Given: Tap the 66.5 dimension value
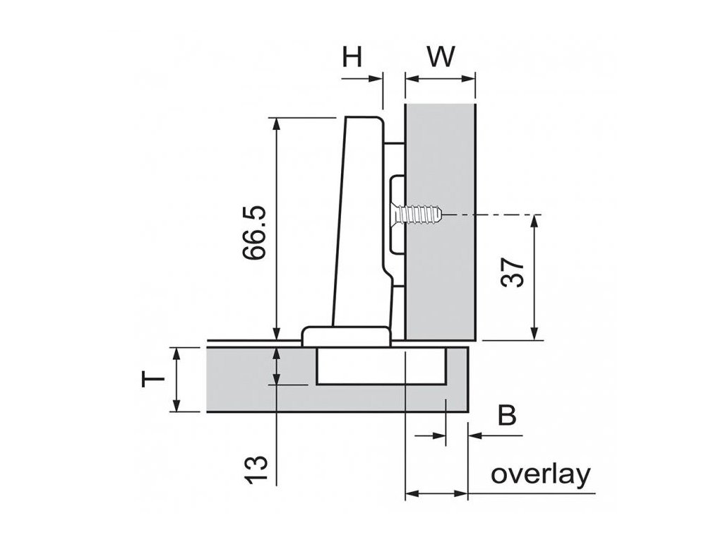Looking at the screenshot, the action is click(x=256, y=234).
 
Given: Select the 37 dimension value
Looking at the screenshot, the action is click(x=515, y=271).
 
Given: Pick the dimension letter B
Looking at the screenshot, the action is click(x=506, y=416).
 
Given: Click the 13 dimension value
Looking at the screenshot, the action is click(x=257, y=469).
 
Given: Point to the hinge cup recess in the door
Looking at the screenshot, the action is click(x=381, y=367).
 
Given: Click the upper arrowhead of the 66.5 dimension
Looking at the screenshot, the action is click(x=276, y=124).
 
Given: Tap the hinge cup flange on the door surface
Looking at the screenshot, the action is click(x=345, y=335).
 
